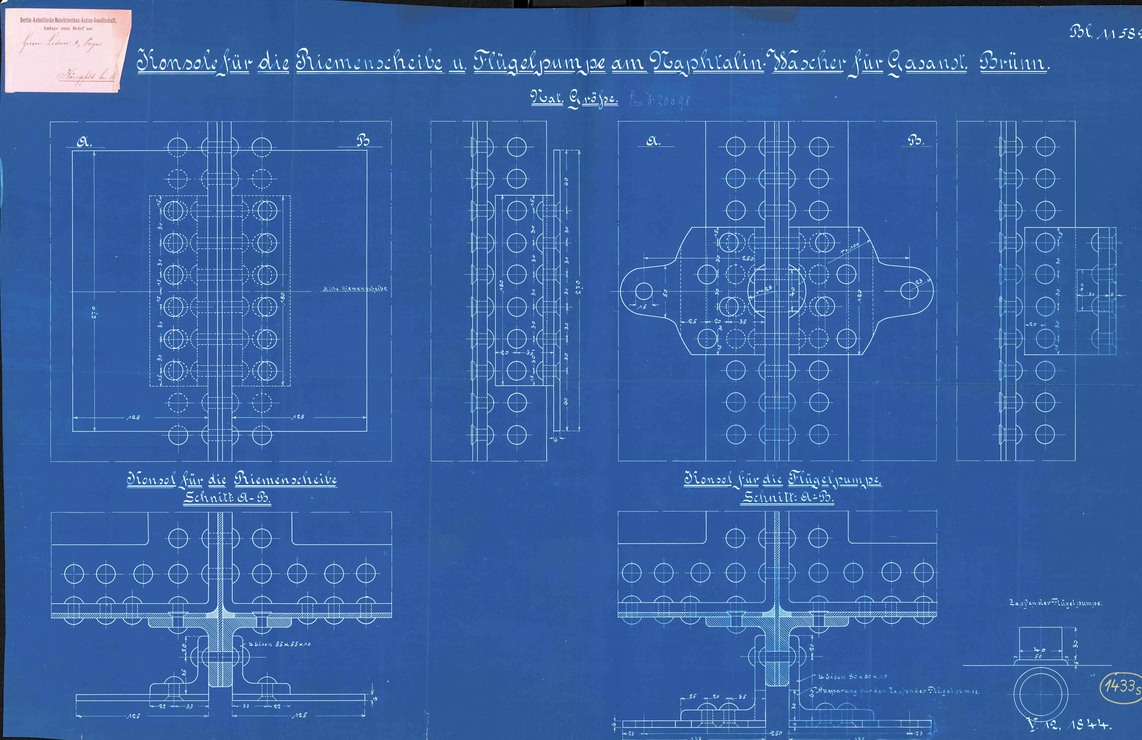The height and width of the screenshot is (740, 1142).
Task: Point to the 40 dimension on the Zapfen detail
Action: coord(1039,650)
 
